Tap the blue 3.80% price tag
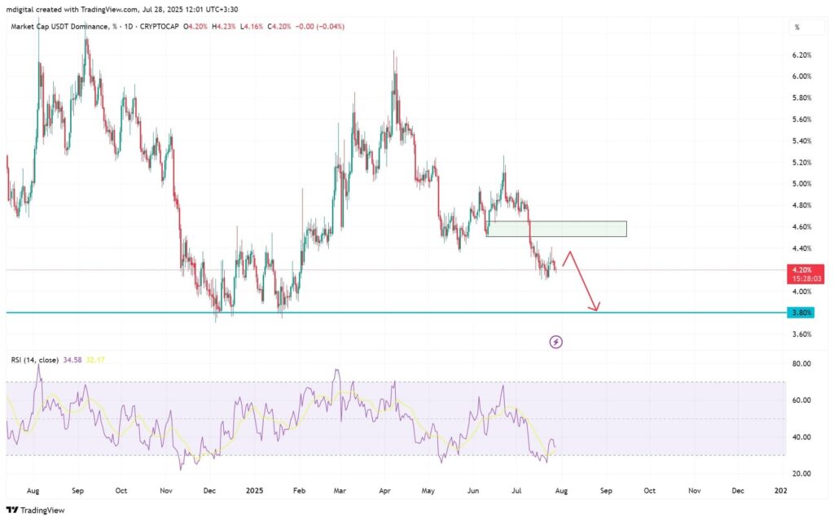(x=801, y=313)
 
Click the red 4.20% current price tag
(x=801, y=269)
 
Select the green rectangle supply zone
(x=556, y=229)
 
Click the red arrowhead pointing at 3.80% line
(x=597, y=308)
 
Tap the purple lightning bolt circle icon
(x=556, y=342)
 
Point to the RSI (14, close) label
(x=34, y=359)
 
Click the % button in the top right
(x=797, y=27)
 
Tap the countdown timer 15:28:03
(x=801, y=278)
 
